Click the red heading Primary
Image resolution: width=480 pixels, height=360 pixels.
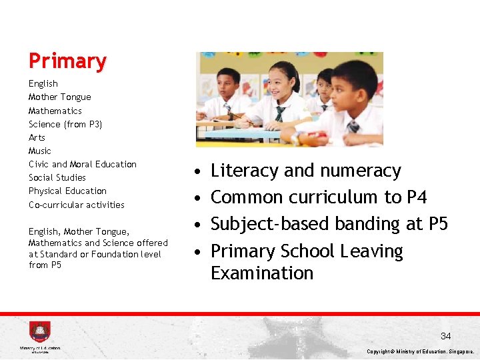(67, 61)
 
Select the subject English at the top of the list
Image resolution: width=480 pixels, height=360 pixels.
(43, 83)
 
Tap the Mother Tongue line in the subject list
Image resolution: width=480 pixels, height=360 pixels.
(59, 97)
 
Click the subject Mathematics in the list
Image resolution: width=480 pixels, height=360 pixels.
(55, 111)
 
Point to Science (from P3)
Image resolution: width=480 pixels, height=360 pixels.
(65, 124)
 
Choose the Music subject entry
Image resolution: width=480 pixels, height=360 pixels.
(39, 151)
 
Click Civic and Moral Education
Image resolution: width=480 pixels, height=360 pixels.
(82, 164)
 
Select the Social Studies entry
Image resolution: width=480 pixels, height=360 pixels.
(57, 177)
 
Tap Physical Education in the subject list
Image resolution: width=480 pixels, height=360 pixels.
(67, 191)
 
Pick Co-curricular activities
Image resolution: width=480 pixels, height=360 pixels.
(76, 205)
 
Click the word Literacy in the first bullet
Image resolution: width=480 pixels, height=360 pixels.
(245, 171)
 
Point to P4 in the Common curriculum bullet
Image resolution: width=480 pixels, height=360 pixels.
(415, 197)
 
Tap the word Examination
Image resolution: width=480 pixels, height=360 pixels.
(261, 273)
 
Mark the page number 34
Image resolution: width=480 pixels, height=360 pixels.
(445, 337)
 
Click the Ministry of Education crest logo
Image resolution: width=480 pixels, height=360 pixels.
(39, 332)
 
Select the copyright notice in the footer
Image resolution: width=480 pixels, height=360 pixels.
(420, 351)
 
